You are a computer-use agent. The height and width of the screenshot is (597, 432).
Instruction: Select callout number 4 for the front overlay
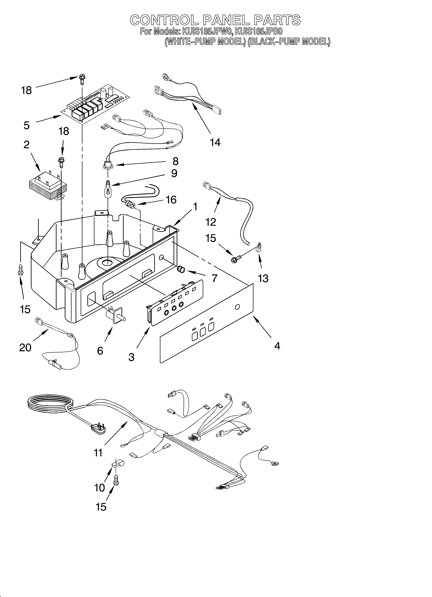(277, 346)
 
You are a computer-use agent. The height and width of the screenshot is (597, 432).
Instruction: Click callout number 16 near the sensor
(171, 200)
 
